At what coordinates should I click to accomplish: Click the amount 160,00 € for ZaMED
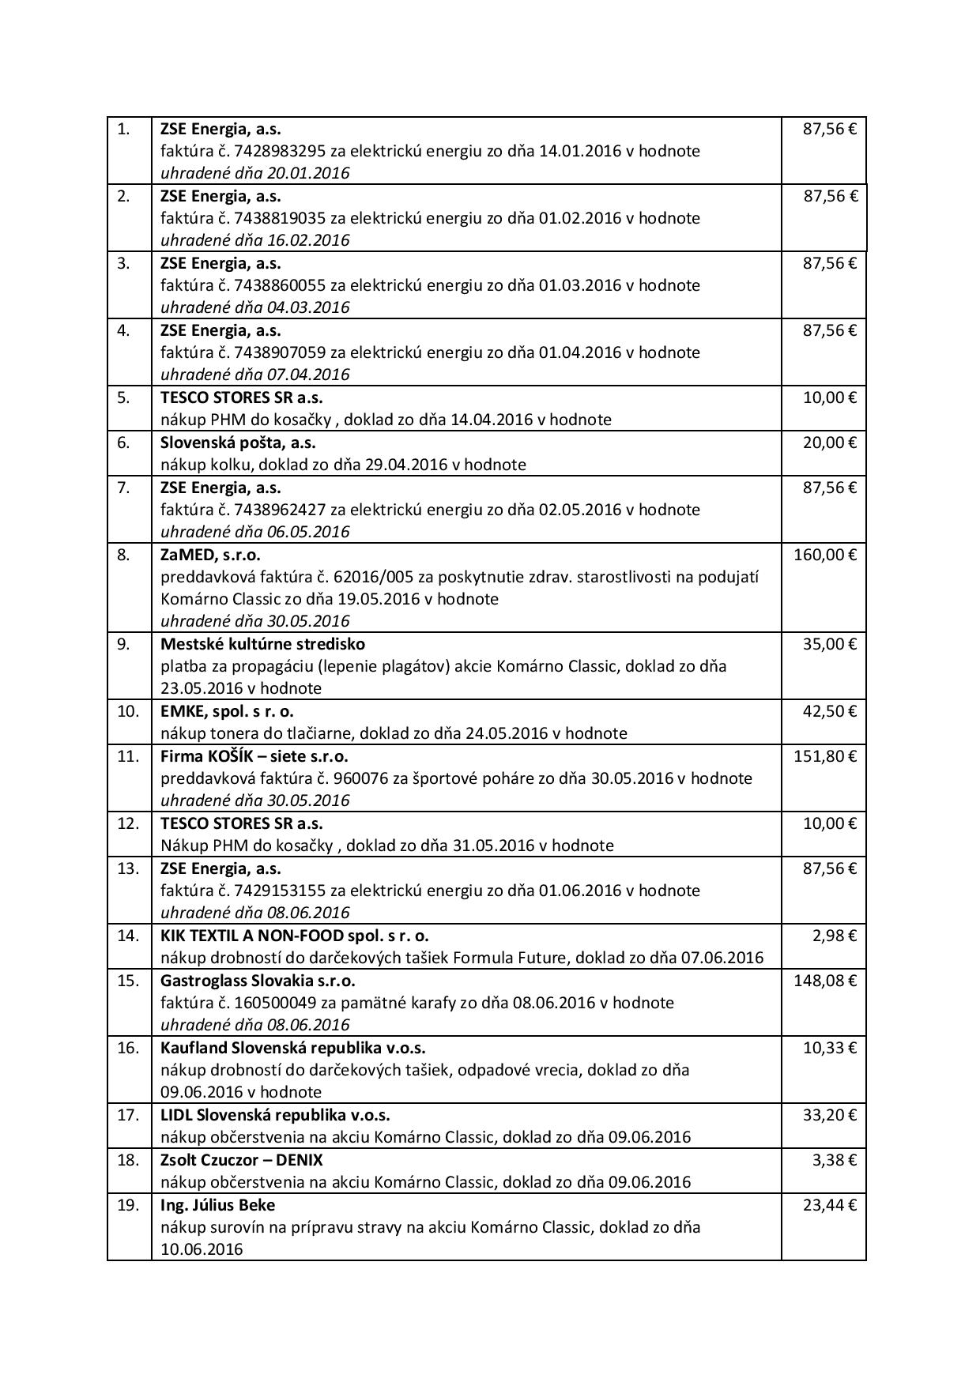pyautogui.click(x=824, y=555)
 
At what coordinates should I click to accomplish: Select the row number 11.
pyautogui.click(x=128, y=756)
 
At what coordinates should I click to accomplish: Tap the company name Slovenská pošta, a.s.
pyautogui.click(x=238, y=443)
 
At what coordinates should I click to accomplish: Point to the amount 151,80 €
pyautogui.click(x=824, y=756)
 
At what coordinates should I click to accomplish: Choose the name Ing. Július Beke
pyautogui.click(x=217, y=1205)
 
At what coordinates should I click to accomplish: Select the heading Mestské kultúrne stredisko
pyautogui.click(x=262, y=644)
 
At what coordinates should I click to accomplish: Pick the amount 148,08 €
pyautogui.click(x=824, y=981)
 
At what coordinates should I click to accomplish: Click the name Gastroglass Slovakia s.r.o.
pyautogui.click(x=258, y=981)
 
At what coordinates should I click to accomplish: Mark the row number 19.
pyautogui.click(x=128, y=1205)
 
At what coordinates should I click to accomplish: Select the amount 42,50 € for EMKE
pyautogui.click(x=829, y=711)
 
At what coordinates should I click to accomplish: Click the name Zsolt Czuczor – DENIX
pyautogui.click(x=241, y=1160)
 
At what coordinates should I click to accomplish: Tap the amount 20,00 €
pyautogui.click(x=829, y=443)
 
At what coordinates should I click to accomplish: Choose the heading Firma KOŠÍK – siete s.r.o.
pyautogui.click(x=254, y=756)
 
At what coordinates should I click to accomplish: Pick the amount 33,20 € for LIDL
pyautogui.click(x=829, y=1115)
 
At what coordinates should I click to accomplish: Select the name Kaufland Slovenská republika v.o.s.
pyautogui.click(x=292, y=1048)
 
